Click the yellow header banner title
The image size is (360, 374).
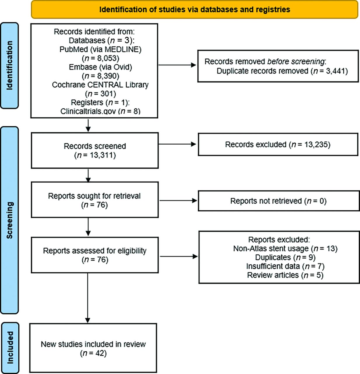[x=195, y=9]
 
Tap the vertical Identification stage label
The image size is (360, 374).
[x=9, y=65]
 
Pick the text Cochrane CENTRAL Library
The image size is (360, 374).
[x=100, y=85]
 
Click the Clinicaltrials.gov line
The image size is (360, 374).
[x=100, y=111]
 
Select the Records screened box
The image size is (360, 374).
[x=95, y=150]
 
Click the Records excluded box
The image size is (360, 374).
[x=278, y=144]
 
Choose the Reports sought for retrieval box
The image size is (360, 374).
[x=95, y=200]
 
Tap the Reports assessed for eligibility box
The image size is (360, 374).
[x=95, y=255]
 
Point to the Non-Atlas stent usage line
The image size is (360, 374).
[x=285, y=248]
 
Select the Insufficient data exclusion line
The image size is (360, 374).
[x=285, y=266]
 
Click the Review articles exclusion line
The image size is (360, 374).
[x=285, y=275]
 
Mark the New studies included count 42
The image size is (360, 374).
[x=93, y=353]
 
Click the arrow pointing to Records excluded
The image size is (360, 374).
[x=177, y=144]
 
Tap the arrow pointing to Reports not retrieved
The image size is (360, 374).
[x=178, y=201]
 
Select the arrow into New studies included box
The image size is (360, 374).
[x=88, y=298]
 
